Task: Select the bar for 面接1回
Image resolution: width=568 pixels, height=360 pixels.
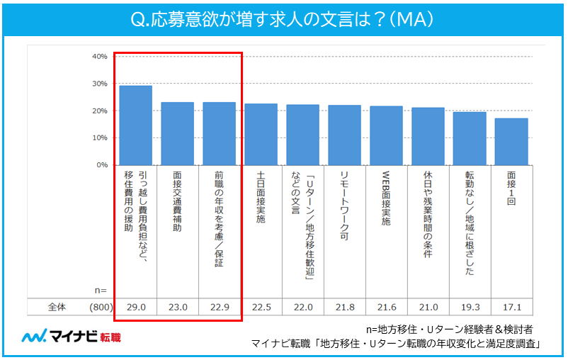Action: [x=511, y=142]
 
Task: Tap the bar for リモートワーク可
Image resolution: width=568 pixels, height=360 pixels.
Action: [x=344, y=135]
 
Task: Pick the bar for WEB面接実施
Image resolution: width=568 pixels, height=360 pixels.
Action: [x=386, y=135]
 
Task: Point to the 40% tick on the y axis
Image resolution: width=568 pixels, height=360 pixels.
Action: [x=99, y=56]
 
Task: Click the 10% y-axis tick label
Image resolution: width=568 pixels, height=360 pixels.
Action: [x=99, y=137]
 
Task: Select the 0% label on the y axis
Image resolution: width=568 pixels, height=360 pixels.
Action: [x=101, y=164]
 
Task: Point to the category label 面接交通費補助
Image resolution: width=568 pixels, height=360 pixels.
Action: [x=178, y=202]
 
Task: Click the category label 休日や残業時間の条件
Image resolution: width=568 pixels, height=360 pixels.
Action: [x=428, y=216]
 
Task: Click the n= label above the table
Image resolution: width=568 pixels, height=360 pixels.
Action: [x=100, y=290]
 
